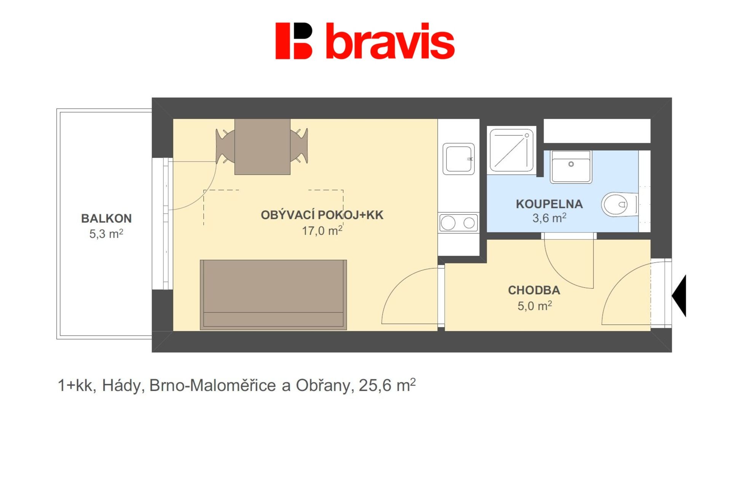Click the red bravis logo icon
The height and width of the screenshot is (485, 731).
coord(294,41)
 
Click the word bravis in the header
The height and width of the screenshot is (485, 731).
coord(390,41)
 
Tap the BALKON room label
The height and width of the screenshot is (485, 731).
coord(106,219)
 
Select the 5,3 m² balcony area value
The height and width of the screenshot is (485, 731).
coord(106,233)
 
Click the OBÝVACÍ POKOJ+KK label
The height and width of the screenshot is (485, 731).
coord(322,215)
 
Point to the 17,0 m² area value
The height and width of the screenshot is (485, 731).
coord(322,230)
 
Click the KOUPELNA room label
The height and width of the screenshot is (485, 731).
coord(549,204)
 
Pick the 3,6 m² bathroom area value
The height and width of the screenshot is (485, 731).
coord(549,218)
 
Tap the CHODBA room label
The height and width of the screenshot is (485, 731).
coord(534,290)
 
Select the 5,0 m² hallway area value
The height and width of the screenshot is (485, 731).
coord(535,306)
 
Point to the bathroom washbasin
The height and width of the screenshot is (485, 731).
coord(571,167)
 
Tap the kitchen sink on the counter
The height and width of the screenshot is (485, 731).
coord(459,159)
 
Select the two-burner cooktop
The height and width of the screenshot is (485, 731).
coord(458,223)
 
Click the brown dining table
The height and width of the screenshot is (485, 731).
coord(262,147)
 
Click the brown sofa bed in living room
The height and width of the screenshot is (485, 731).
coord(273,295)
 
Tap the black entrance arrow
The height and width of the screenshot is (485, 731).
coord(680,296)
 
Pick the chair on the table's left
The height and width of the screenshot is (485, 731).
coord(225,146)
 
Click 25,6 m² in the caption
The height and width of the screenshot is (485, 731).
coord(387,385)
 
